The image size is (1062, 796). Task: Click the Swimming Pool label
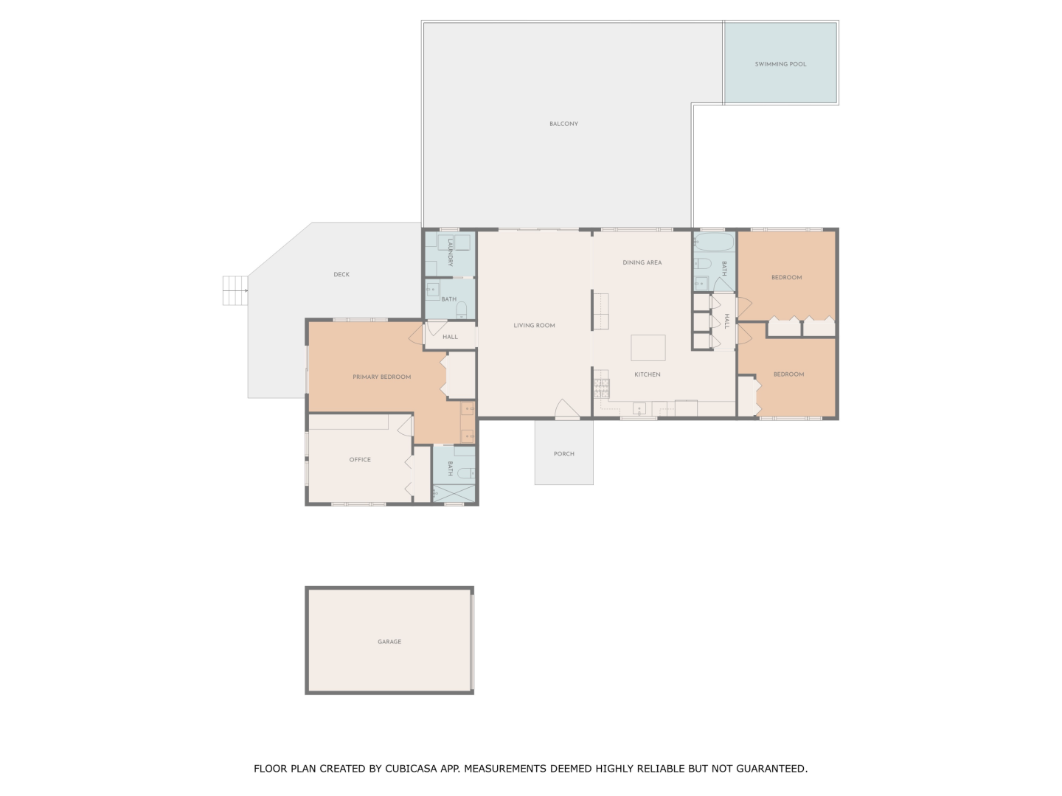click(780, 64)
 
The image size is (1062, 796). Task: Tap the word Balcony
click(563, 124)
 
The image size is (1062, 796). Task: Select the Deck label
click(341, 274)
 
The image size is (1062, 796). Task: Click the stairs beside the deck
click(235, 290)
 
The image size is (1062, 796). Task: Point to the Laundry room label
click(450, 252)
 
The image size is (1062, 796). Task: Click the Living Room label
click(534, 325)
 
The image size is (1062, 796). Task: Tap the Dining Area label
click(642, 262)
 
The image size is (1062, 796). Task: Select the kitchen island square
click(648, 347)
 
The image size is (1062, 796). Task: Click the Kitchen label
click(648, 374)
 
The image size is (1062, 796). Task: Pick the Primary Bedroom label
click(382, 377)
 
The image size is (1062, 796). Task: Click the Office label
click(360, 460)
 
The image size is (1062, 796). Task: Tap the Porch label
click(564, 454)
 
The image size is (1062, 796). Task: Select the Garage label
click(389, 642)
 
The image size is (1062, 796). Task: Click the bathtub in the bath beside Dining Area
click(714, 242)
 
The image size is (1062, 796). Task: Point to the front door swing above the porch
click(566, 409)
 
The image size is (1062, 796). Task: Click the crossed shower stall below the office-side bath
click(454, 494)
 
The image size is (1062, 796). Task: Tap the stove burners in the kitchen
click(602, 388)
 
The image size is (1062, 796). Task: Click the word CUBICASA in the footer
click(412, 769)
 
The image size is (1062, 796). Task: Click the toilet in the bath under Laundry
click(462, 310)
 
